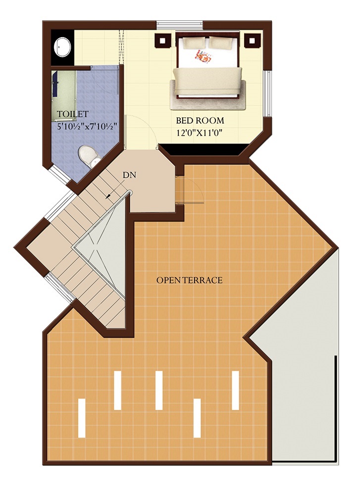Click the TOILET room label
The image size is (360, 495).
(x=73, y=114)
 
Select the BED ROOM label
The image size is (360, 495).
(x=200, y=121)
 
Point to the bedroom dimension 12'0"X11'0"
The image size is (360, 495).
(x=200, y=133)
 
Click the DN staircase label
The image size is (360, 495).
(x=129, y=175)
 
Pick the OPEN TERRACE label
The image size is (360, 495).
(x=190, y=280)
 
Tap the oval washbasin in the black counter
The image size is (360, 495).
(x=63, y=48)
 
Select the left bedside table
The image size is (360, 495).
(x=163, y=40)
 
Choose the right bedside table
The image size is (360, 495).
(x=252, y=41)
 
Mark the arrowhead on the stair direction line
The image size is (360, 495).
(x=108, y=196)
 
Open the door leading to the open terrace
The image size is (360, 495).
(x=190, y=191)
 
